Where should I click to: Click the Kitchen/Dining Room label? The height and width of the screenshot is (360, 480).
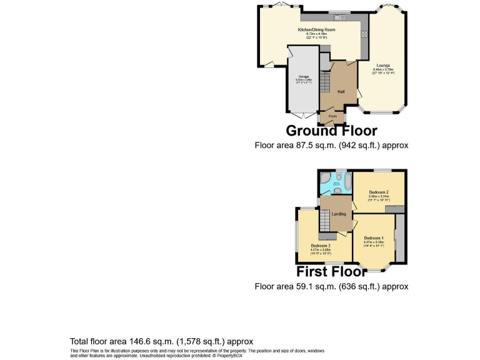(x=317, y=30)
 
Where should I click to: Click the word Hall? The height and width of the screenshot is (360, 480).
(x=341, y=91)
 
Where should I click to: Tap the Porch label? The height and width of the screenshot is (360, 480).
(x=333, y=116)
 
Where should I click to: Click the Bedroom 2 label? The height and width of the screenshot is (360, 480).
(x=379, y=192)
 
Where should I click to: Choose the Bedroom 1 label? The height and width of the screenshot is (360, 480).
(x=374, y=237)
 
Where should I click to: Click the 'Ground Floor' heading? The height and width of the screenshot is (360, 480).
(x=331, y=131)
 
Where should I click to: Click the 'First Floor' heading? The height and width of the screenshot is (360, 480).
(x=331, y=272)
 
